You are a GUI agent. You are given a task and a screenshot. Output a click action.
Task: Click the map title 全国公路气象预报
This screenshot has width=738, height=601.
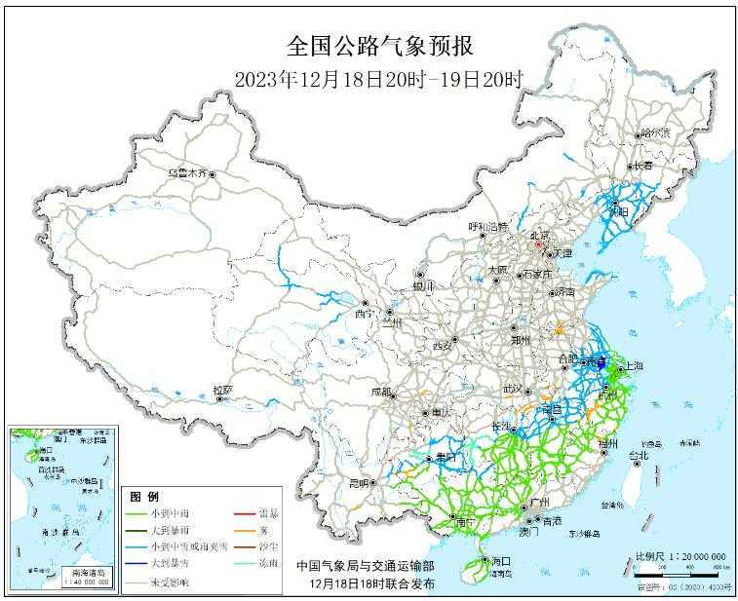tap(380, 46)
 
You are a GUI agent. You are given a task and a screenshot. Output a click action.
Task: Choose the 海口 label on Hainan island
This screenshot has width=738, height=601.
tap(501, 561)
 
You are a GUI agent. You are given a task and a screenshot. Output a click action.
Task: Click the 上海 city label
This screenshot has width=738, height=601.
tap(634, 366)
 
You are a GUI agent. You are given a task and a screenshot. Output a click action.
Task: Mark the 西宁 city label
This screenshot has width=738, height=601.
tap(364, 314)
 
